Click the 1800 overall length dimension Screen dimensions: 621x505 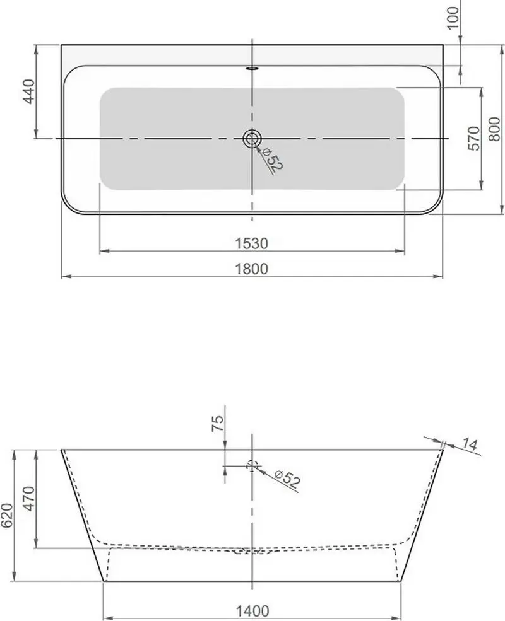coord(252,269)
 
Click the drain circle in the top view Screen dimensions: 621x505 coord(252,138)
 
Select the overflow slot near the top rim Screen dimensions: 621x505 coord(252,69)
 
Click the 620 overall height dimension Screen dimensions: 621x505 coord(6,515)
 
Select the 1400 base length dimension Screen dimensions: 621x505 coord(252,610)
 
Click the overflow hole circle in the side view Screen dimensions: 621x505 coord(252,466)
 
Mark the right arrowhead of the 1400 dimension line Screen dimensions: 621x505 coord(398,618)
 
